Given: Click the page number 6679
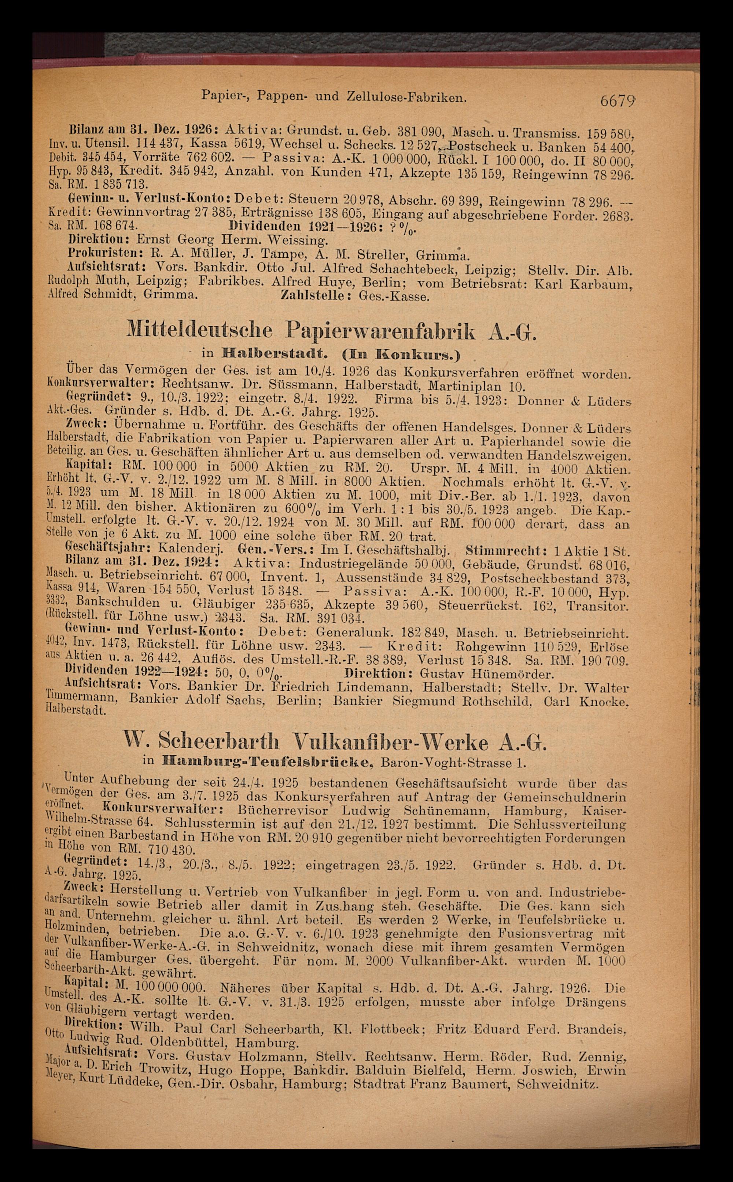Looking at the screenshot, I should point(618,101).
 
